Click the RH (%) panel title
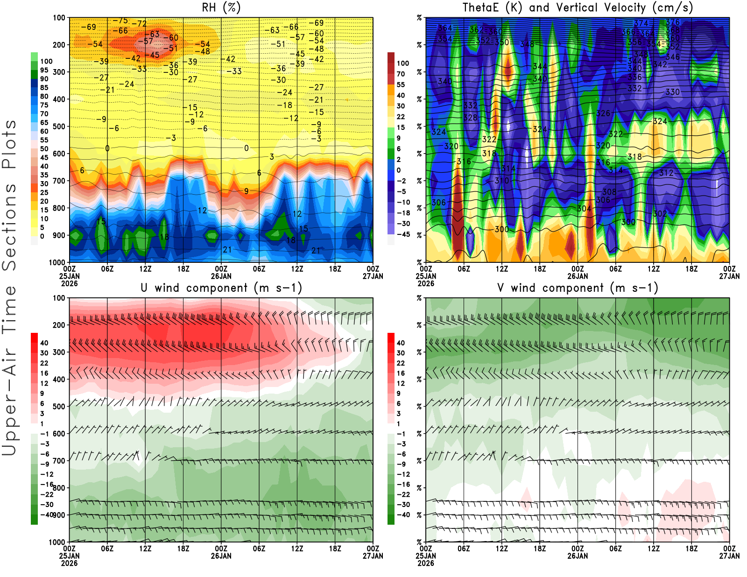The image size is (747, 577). pos(221,7)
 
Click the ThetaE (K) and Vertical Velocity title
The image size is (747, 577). pos(578,7)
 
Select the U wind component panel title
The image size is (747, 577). pos(221,288)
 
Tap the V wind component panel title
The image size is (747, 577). pos(578,288)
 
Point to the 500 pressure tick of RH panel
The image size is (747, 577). pos(59,127)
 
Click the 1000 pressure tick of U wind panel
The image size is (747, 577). pos(57,542)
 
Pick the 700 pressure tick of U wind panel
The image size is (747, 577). pos(59,461)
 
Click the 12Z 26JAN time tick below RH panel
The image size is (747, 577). pos(297,269)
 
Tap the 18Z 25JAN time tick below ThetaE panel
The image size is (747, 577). pos(540,269)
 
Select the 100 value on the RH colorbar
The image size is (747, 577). pos(46,61)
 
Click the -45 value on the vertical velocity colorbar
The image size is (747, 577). pos(403,234)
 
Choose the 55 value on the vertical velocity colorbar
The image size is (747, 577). pos(401,84)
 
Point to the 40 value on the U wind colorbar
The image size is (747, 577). pos(44,343)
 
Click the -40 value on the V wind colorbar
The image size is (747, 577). pos(403,515)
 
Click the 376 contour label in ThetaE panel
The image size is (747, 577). pos(673,22)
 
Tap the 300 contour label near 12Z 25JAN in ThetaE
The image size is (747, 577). pos(502,229)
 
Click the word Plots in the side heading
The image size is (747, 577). pos(9,145)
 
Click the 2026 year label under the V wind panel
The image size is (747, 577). pos(426,563)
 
